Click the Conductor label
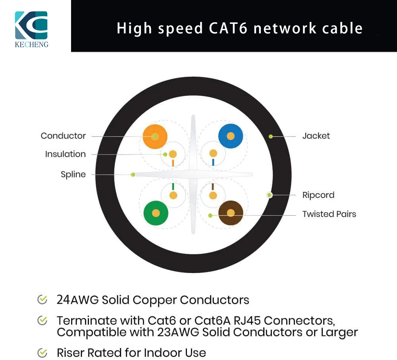click(63, 136)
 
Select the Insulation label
click(66, 154)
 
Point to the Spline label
click(73, 174)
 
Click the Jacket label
click(316, 136)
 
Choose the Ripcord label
click(318, 195)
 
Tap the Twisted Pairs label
click(329, 214)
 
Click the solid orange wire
click(155, 136)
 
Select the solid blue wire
click(230, 136)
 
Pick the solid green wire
click(156, 213)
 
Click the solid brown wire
click(231, 213)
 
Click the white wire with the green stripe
click(173, 195)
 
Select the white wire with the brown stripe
click(213, 195)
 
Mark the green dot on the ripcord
click(270, 195)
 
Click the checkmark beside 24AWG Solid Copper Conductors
click(42, 300)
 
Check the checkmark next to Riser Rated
click(42, 352)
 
